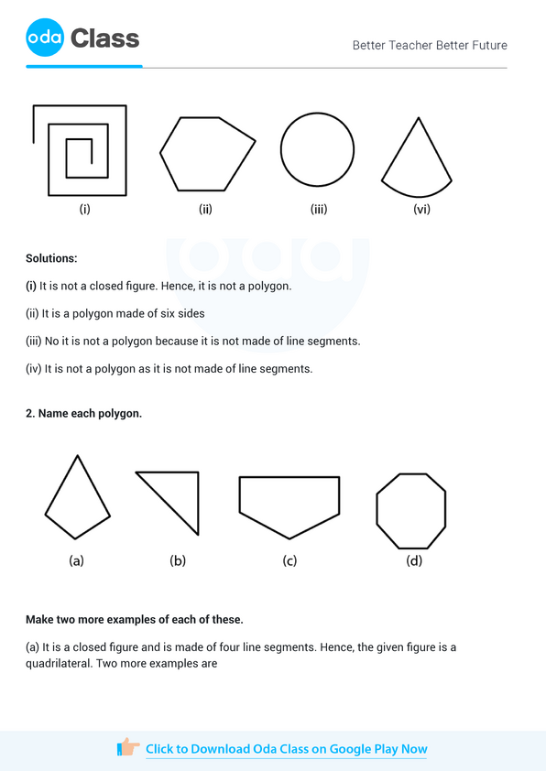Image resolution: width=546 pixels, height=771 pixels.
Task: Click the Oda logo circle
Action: (x=45, y=38)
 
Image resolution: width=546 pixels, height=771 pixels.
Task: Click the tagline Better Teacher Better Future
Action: (x=430, y=45)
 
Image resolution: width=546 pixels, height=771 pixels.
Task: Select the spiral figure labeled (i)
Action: (x=80, y=151)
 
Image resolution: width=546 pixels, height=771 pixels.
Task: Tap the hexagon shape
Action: (x=207, y=153)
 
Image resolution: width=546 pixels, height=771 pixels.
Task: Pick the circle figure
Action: (x=317, y=150)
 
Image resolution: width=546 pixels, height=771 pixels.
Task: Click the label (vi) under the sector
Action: (x=421, y=209)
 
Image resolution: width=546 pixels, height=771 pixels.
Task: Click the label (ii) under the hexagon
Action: (x=205, y=210)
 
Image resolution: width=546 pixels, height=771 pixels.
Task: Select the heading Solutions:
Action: (x=51, y=259)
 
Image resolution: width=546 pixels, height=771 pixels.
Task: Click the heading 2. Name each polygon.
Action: (x=83, y=414)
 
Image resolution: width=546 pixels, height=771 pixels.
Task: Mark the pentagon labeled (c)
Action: (x=289, y=503)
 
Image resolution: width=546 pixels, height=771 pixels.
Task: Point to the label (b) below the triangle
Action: (x=178, y=560)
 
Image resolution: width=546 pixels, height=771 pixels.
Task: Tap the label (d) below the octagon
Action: (x=414, y=560)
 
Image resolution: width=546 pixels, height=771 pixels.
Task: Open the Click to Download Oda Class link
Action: (x=286, y=749)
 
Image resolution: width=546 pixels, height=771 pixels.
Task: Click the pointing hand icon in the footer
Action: (x=128, y=748)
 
